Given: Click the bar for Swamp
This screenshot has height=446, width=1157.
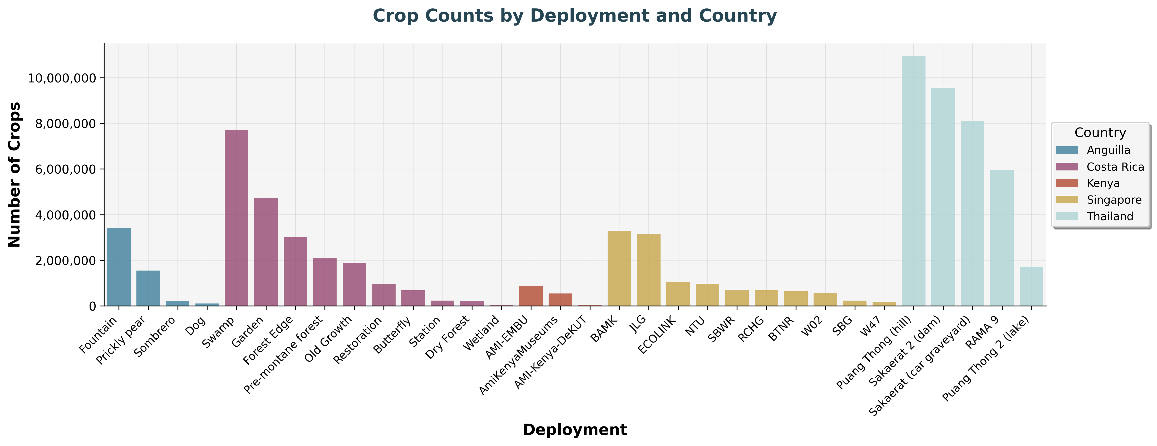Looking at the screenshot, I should pos(236,218).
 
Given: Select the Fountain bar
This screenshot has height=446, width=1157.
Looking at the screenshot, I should pos(119,267).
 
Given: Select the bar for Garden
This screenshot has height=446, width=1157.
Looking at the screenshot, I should pos(266,252).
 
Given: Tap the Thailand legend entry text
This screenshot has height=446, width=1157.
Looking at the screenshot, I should pos(1110,217).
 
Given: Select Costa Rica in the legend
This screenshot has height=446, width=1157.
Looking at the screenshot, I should pos(1115,167).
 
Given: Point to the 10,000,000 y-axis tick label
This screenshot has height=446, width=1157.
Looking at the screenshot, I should pos(62,78).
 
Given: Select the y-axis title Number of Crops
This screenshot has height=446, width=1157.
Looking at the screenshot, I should pos(14,175).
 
